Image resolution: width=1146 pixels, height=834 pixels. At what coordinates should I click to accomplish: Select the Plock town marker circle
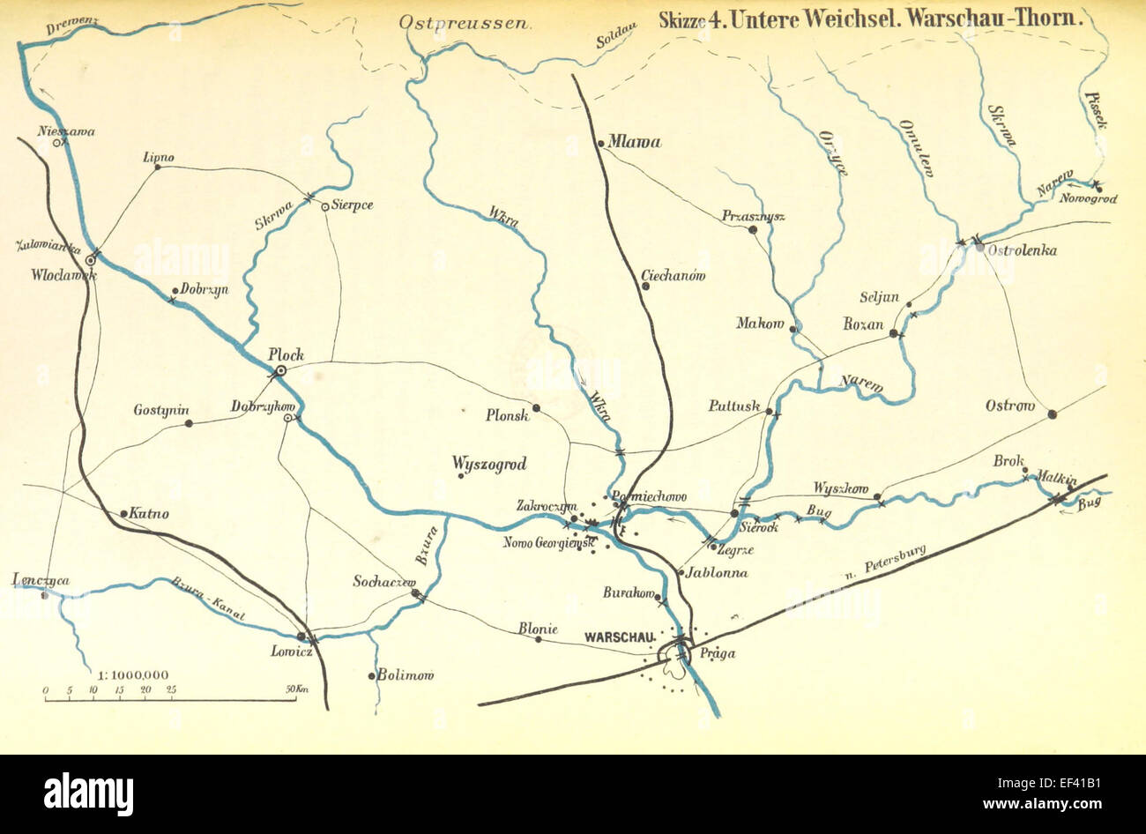coord(280,371)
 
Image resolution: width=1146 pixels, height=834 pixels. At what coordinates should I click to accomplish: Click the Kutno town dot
coord(123,512)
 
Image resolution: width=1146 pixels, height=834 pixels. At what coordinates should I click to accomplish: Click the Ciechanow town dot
coord(645,285)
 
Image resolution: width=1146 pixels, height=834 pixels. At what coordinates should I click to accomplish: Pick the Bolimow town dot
coord(371,677)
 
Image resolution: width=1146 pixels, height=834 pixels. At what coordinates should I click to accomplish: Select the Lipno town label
coord(159,158)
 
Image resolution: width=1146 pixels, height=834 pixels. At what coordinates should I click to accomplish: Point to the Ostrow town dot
coord(1052,413)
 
